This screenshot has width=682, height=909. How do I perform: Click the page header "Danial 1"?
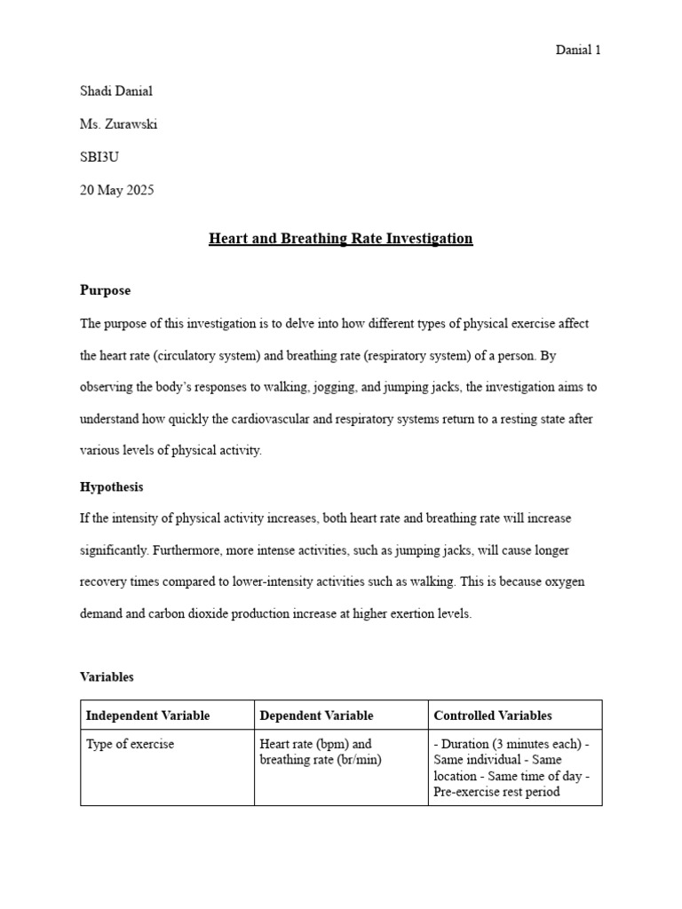578,51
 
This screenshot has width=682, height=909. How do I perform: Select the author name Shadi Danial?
115,91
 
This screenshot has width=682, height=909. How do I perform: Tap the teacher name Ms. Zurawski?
118,124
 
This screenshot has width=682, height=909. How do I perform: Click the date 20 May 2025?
116,190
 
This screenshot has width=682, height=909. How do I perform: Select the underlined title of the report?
340,239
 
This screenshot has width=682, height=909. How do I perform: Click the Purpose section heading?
105,290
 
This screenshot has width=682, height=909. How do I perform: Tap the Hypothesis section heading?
111,487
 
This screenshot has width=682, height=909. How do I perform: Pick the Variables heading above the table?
107,676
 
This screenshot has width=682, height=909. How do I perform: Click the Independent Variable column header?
147,715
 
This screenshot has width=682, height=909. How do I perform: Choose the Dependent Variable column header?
316,715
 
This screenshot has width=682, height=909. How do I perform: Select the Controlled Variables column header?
492,715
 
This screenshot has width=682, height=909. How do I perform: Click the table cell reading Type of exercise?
130,745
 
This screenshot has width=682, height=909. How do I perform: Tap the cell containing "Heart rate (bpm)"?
315,752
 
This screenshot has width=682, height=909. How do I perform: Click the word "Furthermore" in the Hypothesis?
186,550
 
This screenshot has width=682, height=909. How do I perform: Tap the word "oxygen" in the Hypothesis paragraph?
566,582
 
